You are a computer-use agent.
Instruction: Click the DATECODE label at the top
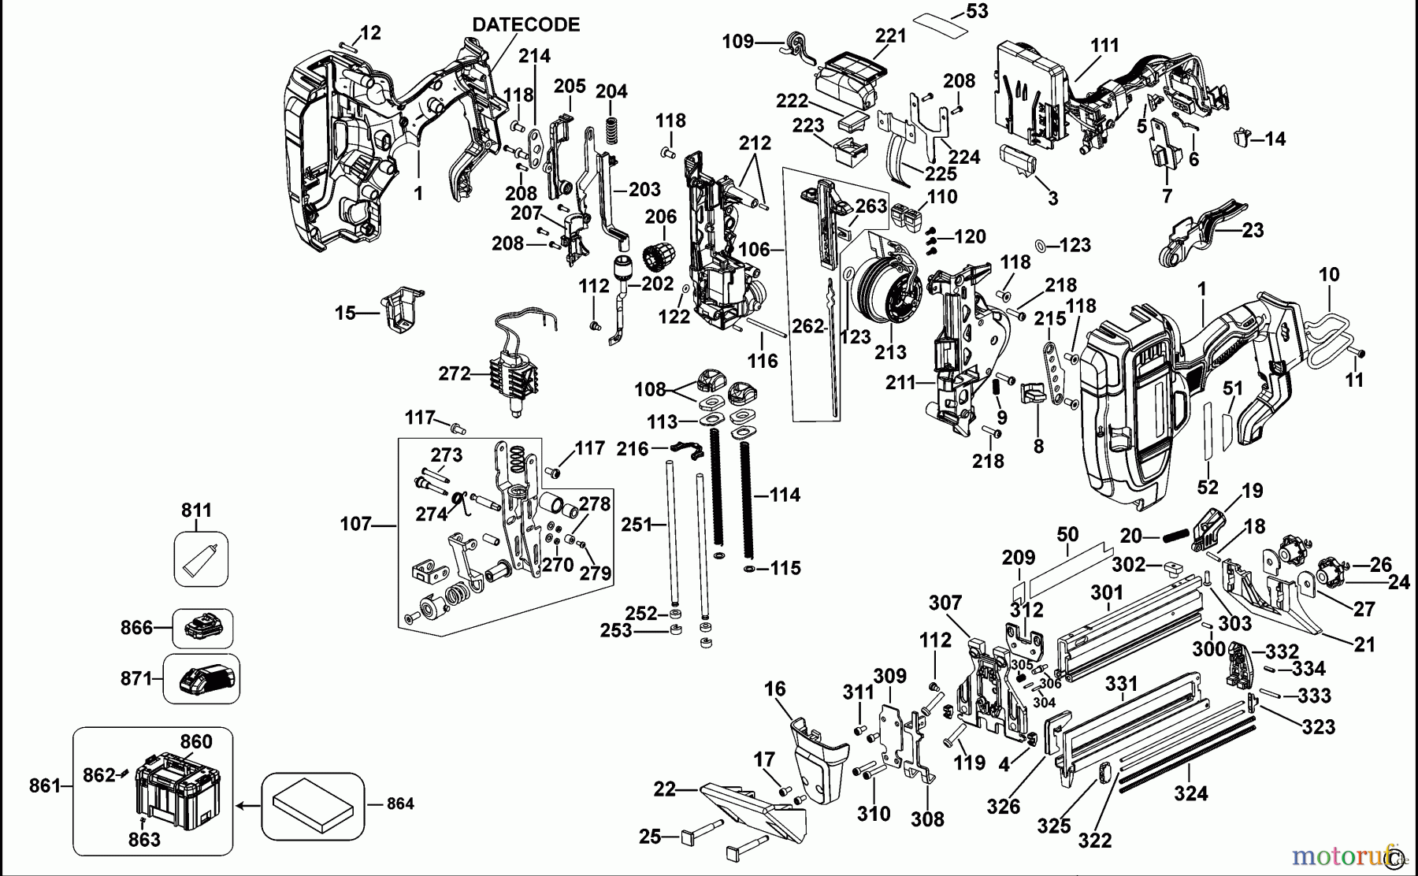coord(525,24)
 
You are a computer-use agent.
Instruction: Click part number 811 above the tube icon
coord(197,510)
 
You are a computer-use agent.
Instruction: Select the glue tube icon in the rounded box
coord(201,559)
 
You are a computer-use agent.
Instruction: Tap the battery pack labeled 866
coord(203,629)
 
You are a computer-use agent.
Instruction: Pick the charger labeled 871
coord(207,678)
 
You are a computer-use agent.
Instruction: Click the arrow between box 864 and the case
coord(248,806)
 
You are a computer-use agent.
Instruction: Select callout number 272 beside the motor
coord(455,373)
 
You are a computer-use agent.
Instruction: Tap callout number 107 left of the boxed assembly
coord(355,524)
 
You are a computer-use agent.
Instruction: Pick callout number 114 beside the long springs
coord(784,495)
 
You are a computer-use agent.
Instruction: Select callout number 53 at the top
coord(976,12)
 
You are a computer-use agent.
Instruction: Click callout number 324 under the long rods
coord(1190,793)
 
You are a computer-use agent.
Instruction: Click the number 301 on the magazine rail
coord(1107,592)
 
